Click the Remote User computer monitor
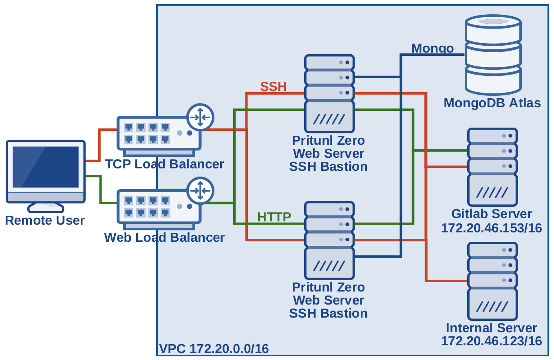(x=46, y=171)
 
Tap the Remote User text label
(x=45, y=221)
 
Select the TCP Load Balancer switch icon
(x=159, y=133)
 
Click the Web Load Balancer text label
(x=164, y=237)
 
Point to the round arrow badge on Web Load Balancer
(x=200, y=190)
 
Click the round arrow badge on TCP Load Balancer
(x=200, y=117)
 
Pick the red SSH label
(x=274, y=86)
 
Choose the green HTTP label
(x=274, y=217)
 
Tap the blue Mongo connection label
(x=432, y=48)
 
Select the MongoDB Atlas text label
(x=492, y=103)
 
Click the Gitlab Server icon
(x=492, y=167)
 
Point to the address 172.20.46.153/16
(x=491, y=228)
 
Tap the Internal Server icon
(x=492, y=281)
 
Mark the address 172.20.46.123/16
(x=491, y=341)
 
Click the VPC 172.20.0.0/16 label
(x=214, y=349)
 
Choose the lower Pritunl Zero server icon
(x=329, y=241)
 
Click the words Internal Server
(x=491, y=328)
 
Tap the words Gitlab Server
(x=492, y=214)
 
